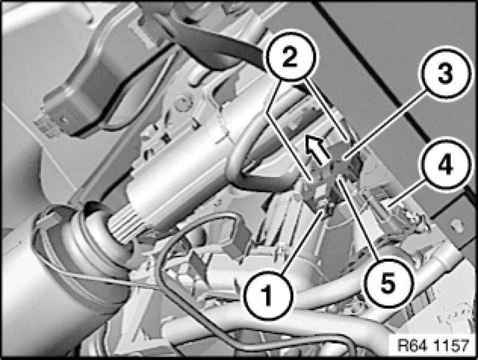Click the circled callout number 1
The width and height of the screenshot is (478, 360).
pos(268,295)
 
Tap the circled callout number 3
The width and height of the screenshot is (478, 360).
pos(445,74)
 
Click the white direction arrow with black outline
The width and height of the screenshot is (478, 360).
pos(317,149)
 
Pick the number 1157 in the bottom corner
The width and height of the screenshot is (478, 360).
pos(451,345)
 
